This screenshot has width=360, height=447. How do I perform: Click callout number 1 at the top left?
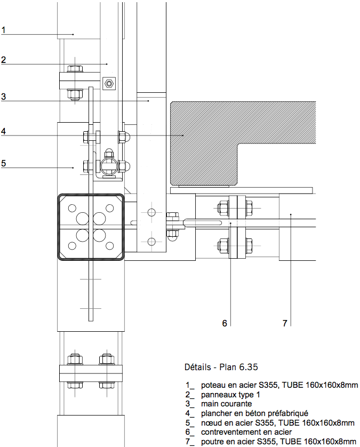click(3, 30)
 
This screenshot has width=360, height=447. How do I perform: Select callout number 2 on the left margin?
click(3, 60)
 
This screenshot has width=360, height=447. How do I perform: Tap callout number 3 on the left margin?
click(3, 97)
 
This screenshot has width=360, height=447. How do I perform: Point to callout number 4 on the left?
click(3, 131)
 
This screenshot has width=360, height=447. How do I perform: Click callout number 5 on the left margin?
click(3, 163)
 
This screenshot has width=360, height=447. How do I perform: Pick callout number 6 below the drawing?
click(225, 323)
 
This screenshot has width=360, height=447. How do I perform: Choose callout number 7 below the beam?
click(285, 323)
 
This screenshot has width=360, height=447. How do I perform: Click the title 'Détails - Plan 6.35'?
click(222, 368)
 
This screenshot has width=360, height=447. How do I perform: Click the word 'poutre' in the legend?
click(212, 442)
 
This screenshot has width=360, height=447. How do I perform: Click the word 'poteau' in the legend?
click(213, 385)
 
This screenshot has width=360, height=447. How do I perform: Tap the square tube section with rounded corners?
click(91, 227)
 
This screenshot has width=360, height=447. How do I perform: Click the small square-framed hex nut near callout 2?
click(109, 84)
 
